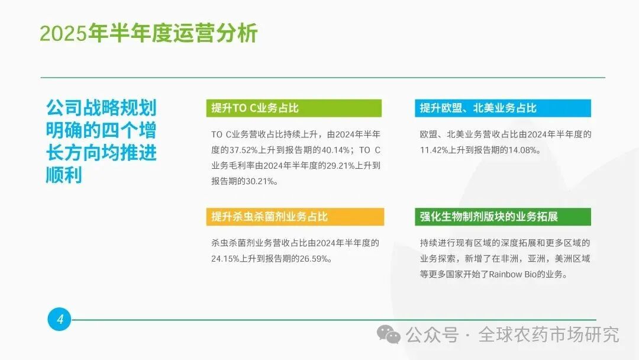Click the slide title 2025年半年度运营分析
coord(149,34)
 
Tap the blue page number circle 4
coord(59,320)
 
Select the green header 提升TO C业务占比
coord(256,108)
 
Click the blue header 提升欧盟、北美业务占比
coord(478,108)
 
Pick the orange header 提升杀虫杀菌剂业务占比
coord(270,217)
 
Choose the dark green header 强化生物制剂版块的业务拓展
coord(489,217)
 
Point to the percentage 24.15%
coord(227,259)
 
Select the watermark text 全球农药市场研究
coord(549,335)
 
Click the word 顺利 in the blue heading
coord(64,176)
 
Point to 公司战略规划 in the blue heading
coord(101,108)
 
